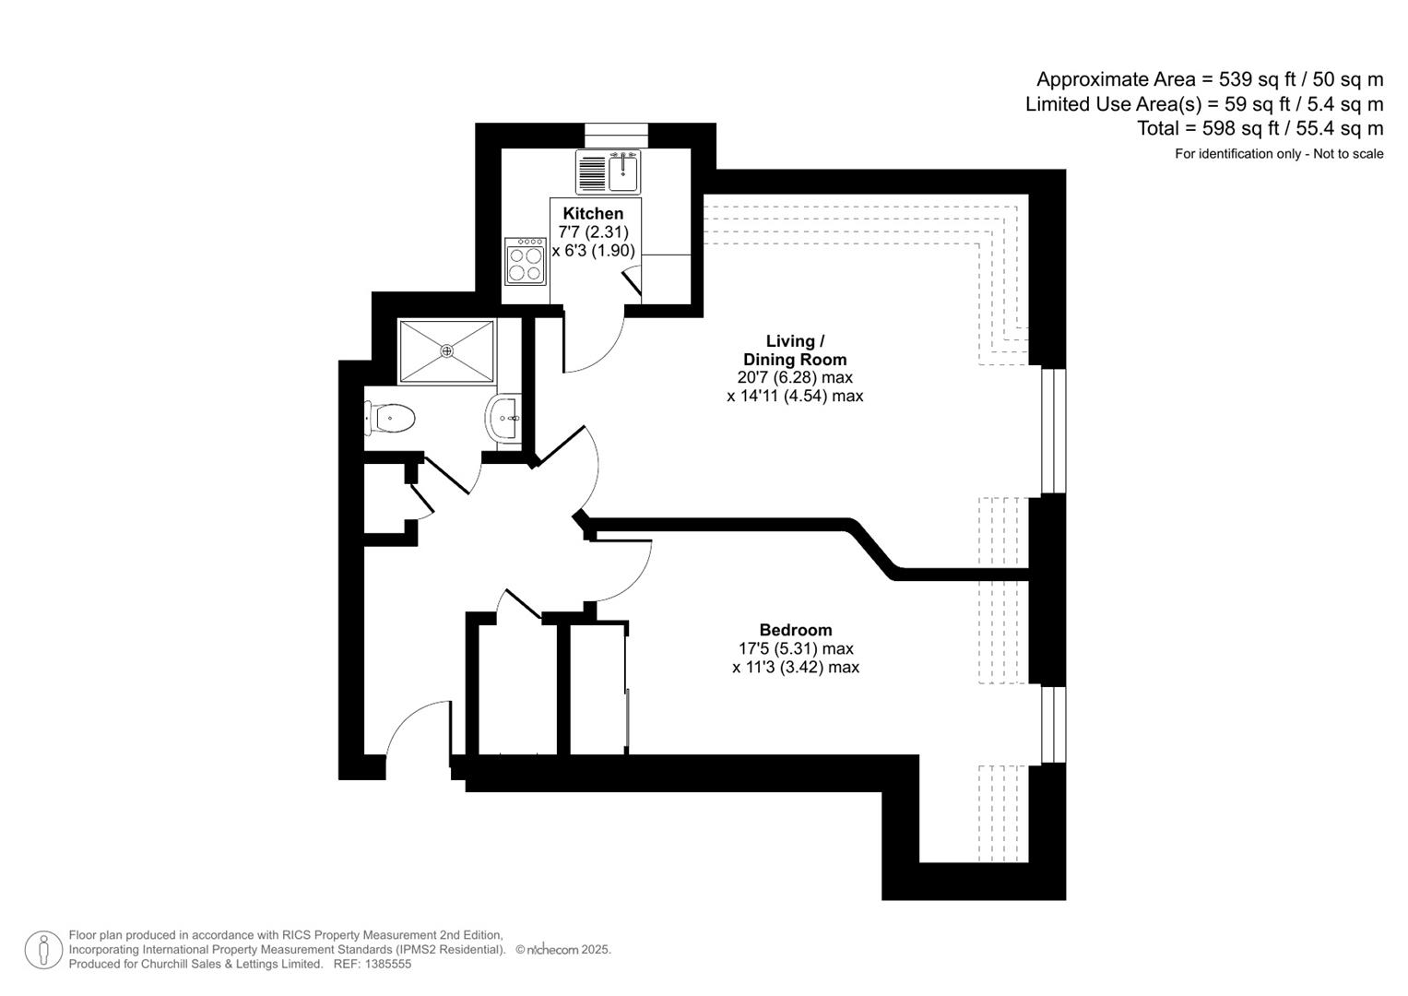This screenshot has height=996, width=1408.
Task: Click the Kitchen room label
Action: tap(593, 213)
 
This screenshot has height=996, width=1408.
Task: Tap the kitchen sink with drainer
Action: tap(608, 172)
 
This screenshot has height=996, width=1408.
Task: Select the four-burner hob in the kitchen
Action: tap(525, 261)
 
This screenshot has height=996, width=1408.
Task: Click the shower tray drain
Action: tap(447, 350)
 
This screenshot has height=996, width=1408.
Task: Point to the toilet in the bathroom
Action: tap(391, 419)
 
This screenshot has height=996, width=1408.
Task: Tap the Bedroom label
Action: tap(795, 630)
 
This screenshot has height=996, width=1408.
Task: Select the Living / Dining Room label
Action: tap(794, 350)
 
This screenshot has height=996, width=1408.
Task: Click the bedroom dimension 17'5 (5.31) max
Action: tap(795, 648)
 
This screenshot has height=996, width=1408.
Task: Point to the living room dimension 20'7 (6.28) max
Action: tap(794, 377)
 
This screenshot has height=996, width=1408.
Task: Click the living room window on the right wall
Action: tap(1053, 432)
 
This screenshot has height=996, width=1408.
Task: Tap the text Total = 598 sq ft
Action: tap(1260, 128)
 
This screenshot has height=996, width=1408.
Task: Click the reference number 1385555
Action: tap(387, 964)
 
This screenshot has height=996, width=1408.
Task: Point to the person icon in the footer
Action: tap(43, 949)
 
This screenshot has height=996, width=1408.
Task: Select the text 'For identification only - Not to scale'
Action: tap(1278, 154)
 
